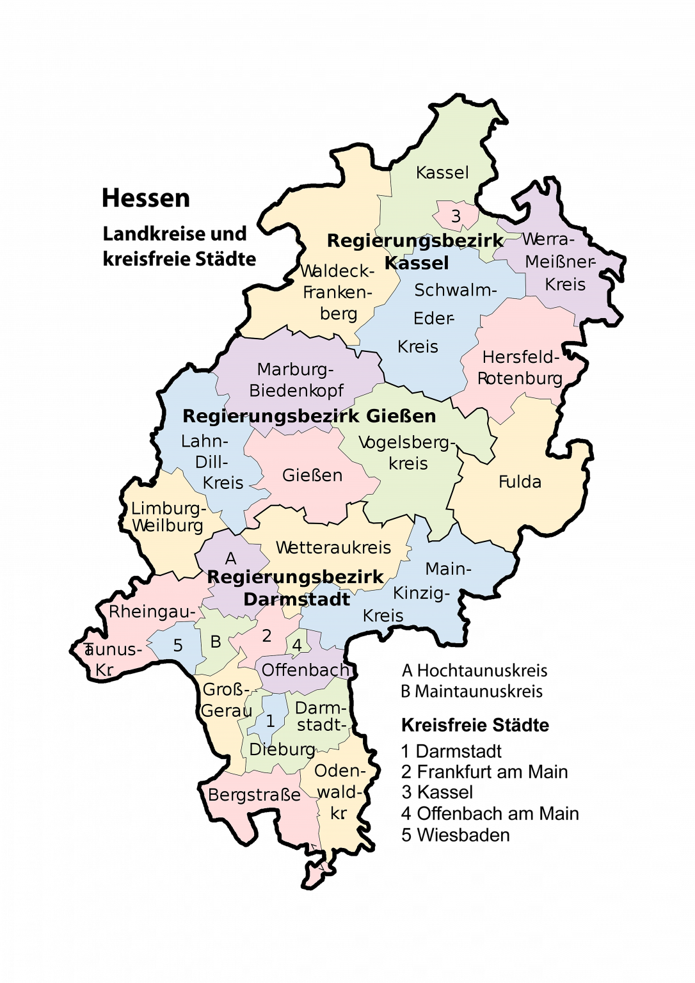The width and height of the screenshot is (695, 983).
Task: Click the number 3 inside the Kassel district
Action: tap(456, 216)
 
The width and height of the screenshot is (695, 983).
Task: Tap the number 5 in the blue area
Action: tap(178, 646)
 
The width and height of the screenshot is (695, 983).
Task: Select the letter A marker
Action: tap(230, 559)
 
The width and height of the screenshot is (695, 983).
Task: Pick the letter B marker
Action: tap(216, 642)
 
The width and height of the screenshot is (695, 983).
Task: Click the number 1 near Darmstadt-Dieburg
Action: tap(270, 721)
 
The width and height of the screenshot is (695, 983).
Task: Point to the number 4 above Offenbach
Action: tap(297, 645)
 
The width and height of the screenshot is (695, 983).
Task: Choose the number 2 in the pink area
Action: tap(267, 635)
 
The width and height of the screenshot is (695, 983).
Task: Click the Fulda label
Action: tap(520, 482)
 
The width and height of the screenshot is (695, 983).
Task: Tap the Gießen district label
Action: tap(312, 476)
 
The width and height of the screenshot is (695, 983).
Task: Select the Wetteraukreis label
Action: tap(333, 548)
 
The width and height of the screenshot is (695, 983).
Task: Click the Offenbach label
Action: tap(305, 670)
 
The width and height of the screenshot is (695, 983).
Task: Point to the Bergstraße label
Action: tap(254, 795)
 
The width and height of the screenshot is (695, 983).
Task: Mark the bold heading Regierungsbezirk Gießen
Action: tap(309, 416)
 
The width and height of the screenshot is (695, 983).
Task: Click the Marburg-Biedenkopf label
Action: tap(296, 380)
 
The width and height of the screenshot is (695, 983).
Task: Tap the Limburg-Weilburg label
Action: tap(168, 517)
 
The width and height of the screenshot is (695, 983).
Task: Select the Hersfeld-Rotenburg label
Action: tap(520, 367)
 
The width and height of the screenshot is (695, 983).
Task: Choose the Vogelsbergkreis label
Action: tap(407, 452)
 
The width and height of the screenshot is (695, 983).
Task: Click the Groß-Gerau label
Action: tap(226, 700)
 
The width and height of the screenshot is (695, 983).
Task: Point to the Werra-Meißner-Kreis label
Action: tap(560, 262)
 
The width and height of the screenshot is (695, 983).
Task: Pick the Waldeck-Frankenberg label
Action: tap(337, 292)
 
